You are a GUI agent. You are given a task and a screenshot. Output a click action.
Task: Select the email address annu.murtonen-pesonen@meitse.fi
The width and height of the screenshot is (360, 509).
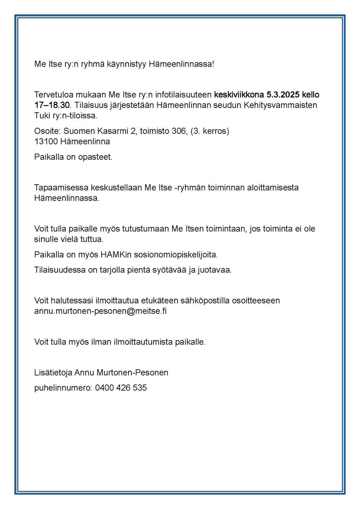[100, 311]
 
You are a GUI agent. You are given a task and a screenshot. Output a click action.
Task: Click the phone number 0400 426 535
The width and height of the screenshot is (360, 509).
[121, 388]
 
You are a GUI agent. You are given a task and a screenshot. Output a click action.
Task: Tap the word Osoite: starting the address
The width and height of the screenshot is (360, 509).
[48, 131]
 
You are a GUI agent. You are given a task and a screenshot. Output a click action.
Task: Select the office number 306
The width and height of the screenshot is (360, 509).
[179, 131]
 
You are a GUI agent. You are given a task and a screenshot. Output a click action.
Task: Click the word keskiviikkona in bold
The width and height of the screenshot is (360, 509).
[239, 95]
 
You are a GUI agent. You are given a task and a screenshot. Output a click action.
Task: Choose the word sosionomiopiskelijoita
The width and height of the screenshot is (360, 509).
[176, 255]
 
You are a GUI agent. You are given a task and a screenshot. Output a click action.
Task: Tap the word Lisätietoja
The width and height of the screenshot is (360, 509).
[53, 373]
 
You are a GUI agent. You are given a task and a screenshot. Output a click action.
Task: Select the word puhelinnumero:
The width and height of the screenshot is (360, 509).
[63, 388]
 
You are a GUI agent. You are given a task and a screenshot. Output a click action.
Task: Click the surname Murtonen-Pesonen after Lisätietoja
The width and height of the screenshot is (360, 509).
[132, 373]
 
